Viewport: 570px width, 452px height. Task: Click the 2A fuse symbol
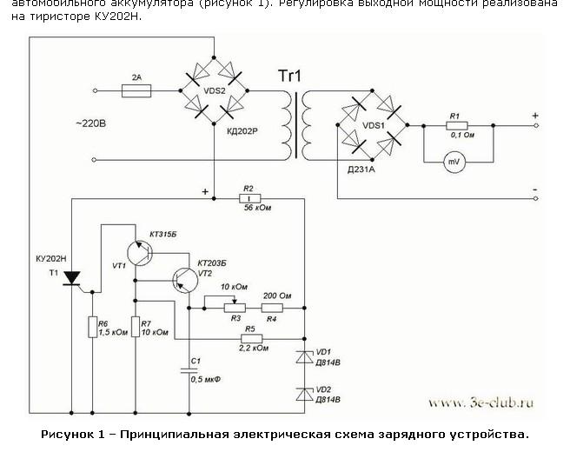click(x=136, y=89)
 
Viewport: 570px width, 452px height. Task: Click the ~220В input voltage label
click(x=91, y=123)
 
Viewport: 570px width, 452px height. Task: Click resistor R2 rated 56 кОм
click(x=249, y=198)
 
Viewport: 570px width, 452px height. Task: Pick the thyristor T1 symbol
click(x=74, y=277)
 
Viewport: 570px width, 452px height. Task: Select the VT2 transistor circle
click(x=184, y=277)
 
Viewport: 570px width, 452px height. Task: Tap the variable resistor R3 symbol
click(x=229, y=308)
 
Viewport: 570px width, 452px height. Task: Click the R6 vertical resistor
click(x=92, y=328)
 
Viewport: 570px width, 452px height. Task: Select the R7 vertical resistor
click(x=136, y=328)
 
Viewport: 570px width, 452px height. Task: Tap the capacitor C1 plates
click(x=189, y=370)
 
